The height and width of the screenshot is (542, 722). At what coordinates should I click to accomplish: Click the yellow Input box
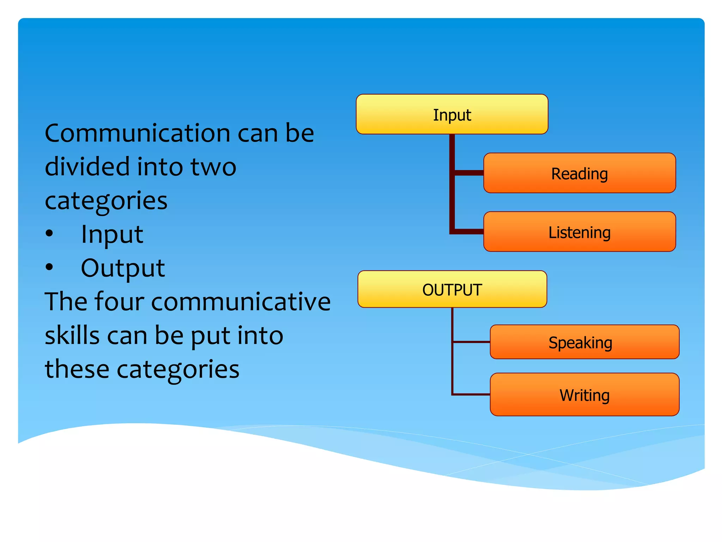click(452, 114)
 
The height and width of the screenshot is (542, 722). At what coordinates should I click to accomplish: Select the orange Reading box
click(579, 173)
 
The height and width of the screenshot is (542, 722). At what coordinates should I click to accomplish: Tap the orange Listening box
click(579, 232)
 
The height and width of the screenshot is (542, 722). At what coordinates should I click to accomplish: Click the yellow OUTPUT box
click(452, 289)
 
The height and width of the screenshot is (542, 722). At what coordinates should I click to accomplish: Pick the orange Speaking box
click(584, 342)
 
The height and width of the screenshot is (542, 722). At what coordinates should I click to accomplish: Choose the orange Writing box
click(584, 395)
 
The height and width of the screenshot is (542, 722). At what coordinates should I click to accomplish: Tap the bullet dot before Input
click(49, 233)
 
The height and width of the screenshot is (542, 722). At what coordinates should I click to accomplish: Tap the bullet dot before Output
click(49, 267)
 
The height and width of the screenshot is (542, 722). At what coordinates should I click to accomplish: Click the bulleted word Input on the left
click(112, 234)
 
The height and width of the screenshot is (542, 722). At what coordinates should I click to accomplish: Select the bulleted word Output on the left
click(123, 268)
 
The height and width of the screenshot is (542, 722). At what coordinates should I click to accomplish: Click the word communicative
click(241, 302)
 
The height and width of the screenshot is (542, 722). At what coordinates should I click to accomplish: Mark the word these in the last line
click(77, 369)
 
